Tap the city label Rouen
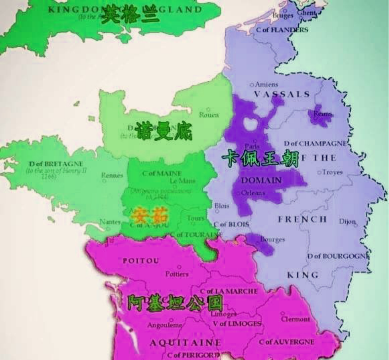(209, 115)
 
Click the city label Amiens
(266, 85)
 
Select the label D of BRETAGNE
(56, 164)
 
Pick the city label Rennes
(112, 175)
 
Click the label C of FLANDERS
(282, 30)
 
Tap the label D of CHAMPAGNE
(315, 143)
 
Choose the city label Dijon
(347, 221)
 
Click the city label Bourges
(272, 239)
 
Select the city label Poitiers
(177, 274)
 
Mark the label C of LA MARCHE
(229, 291)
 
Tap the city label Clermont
(296, 319)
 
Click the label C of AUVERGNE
(286, 342)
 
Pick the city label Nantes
(110, 222)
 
